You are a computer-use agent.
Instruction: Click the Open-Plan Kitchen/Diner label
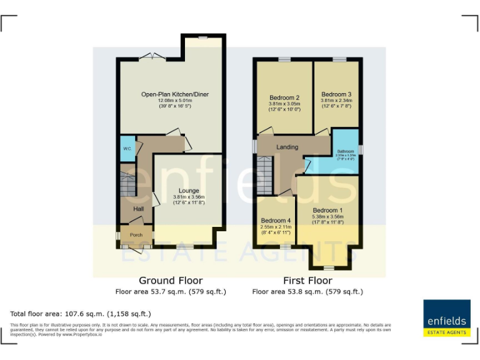point(174,94)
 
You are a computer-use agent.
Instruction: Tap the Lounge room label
point(189,191)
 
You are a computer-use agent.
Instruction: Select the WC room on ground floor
point(127,149)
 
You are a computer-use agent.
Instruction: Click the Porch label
point(136,235)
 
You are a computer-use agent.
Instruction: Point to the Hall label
point(139,209)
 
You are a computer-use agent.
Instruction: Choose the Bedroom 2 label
point(284,97)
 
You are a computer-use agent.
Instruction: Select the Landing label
point(287,147)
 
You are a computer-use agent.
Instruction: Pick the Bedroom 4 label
point(276,221)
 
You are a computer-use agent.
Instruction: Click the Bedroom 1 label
point(328,210)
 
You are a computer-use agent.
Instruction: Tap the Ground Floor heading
point(170,281)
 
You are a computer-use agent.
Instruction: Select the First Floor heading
point(307,281)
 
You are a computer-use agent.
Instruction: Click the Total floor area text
point(81,313)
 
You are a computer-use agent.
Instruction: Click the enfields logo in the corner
point(446,319)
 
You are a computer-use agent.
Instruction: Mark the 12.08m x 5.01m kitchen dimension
point(174,101)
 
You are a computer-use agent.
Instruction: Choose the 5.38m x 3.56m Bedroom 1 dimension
point(328,217)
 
